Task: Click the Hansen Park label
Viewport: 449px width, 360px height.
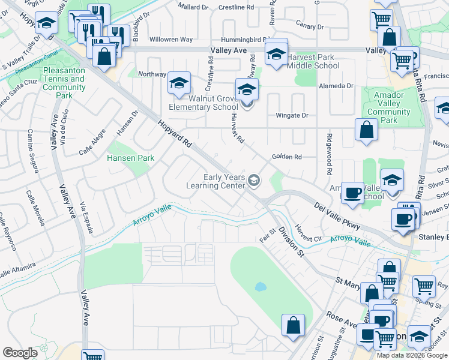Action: tap(130, 158)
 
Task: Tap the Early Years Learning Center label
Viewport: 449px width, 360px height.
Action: tap(224, 181)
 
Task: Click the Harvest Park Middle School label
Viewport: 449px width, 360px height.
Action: tap(313, 61)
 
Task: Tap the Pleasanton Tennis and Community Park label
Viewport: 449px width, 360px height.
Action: tap(64, 83)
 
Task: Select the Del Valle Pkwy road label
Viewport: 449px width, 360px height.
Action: tap(337, 215)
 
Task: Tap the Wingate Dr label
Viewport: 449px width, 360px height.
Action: tap(292, 115)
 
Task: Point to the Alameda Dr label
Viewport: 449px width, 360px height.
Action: tap(336, 86)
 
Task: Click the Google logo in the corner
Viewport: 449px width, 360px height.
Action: tap(20, 353)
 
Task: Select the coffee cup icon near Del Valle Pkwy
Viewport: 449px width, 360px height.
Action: tap(352, 193)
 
